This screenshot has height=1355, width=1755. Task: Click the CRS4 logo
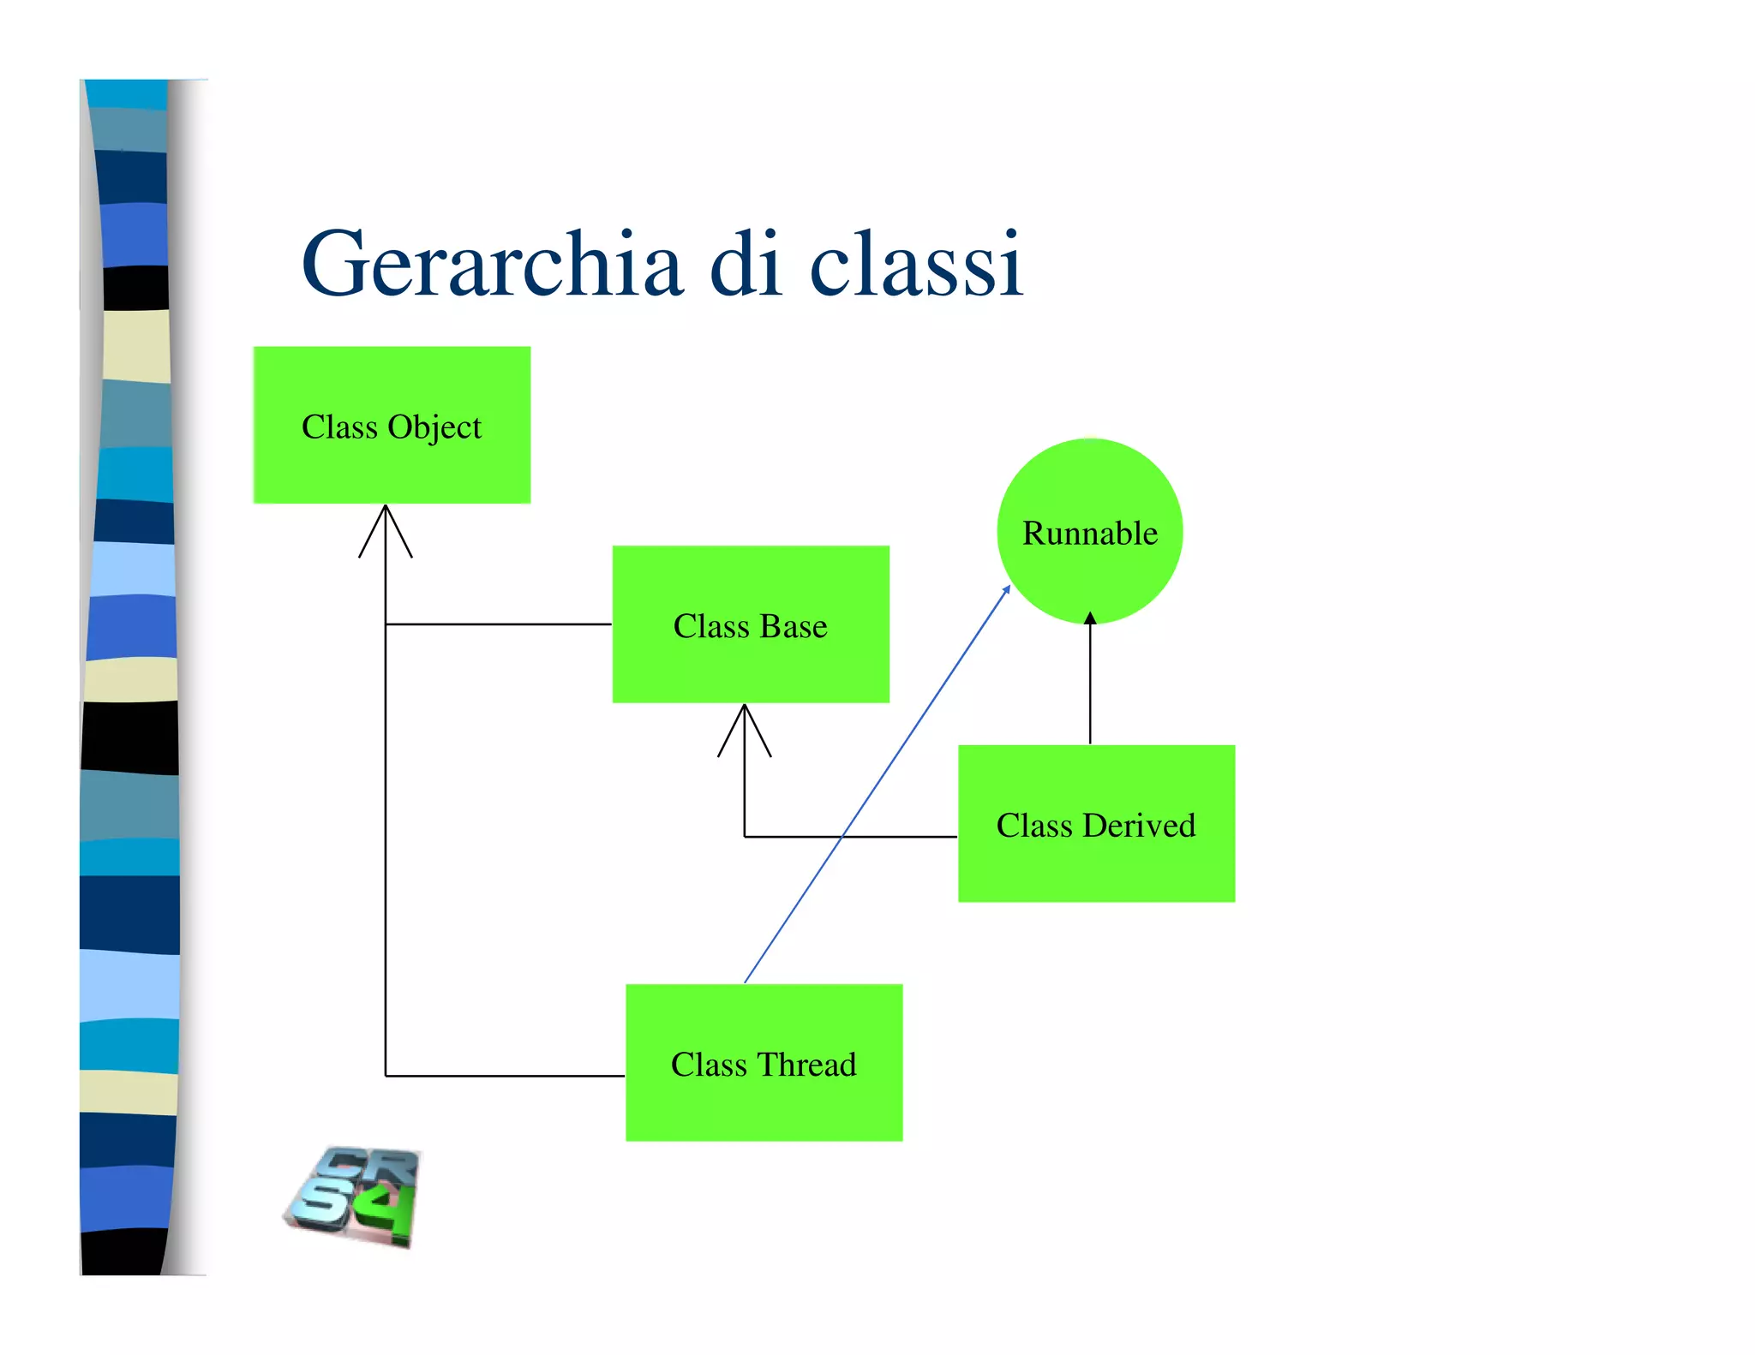(354, 1196)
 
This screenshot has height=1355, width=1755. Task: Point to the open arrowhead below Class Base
(745, 729)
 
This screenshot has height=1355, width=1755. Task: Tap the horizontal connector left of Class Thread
(506, 1076)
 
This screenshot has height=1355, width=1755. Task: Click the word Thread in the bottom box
(806, 1065)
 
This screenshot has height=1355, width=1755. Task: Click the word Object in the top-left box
(434, 427)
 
